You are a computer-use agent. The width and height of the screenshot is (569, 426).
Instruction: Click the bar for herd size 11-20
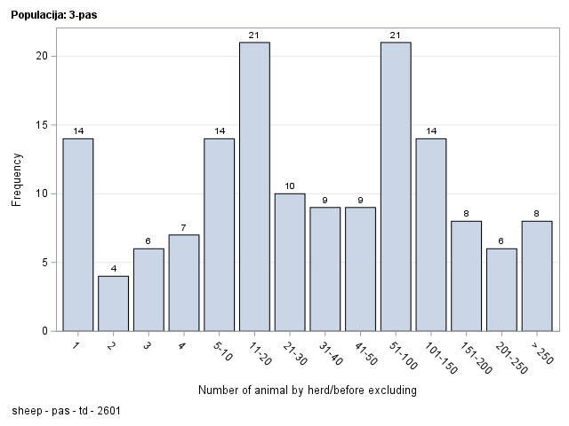tap(254, 186)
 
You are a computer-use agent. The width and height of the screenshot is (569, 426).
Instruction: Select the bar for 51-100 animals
tap(396, 186)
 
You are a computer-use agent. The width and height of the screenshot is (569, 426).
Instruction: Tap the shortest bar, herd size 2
tap(113, 304)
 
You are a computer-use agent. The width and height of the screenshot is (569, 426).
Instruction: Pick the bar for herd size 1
tap(78, 234)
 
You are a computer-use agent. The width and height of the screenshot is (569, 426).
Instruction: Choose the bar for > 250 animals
tap(537, 276)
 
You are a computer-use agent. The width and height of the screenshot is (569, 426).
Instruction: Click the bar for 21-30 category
tap(290, 262)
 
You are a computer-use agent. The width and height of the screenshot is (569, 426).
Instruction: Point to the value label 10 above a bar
tap(290, 186)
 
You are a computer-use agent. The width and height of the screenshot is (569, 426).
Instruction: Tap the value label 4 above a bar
tap(113, 269)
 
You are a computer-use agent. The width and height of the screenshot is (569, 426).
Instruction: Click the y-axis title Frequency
tap(16, 179)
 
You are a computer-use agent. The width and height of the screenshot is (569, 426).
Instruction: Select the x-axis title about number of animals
tap(308, 390)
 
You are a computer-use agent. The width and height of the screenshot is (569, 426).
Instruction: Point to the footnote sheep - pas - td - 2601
tap(68, 412)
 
